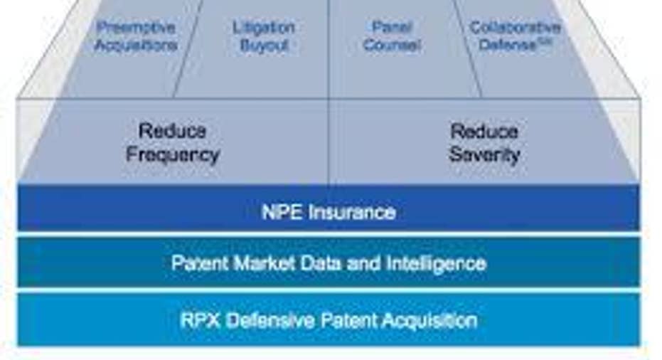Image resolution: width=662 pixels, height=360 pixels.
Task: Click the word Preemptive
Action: click(x=136, y=28)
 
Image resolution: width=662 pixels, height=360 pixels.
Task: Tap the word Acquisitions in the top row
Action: click(x=136, y=44)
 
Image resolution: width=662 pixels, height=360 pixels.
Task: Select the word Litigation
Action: click(x=264, y=28)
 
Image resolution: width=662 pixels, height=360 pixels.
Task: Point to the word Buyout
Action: click(x=264, y=46)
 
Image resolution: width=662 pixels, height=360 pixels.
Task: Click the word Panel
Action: click(x=392, y=27)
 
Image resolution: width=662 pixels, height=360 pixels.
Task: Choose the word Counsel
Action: click(x=392, y=44)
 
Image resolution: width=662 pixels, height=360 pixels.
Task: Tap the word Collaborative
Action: click(x=515, y=27)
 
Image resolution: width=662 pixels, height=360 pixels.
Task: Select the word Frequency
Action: click(x=173, y=155)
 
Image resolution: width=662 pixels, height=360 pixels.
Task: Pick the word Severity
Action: click(x=484, y=154)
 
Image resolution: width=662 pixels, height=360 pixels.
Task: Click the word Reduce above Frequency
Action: click(x=172, y=131)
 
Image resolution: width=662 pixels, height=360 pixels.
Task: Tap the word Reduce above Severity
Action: click(x=484, y=131)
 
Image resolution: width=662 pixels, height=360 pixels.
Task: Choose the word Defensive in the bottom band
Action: click(x=271, y=320)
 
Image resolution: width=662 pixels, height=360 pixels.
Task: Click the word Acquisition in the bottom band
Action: click(x=430, y=320)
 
